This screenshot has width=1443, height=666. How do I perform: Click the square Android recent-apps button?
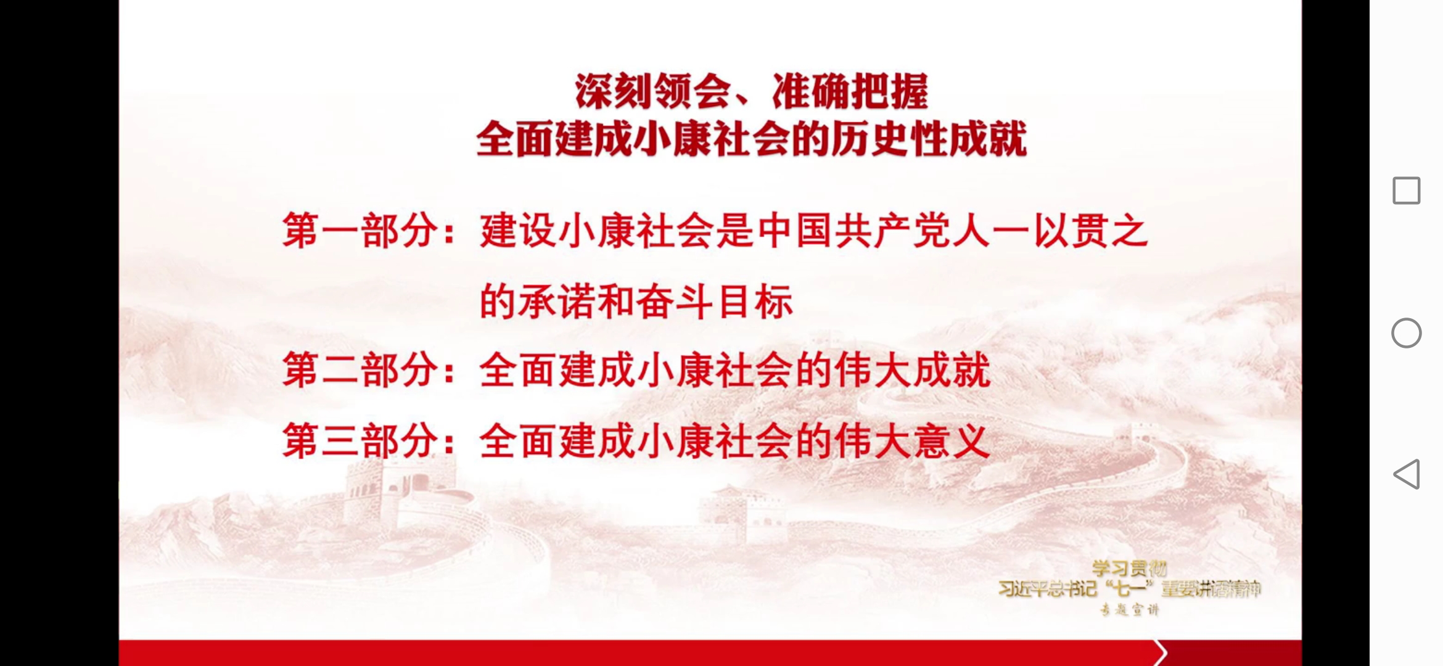tap(1406, 191)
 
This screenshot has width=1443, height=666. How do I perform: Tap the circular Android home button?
tap(1406, 333)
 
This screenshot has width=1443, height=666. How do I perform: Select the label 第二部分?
tap(360, 370)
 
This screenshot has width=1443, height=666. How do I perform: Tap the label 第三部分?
tap(360, 441)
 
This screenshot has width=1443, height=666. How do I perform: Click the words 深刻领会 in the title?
tap(652, 92)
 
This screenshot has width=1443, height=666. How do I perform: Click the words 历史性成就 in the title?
tap(928, 139)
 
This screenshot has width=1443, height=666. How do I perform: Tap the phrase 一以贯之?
tap(1070, 231)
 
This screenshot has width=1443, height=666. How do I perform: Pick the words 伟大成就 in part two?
tap(913, 370)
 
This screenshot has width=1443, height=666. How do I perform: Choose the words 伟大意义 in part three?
tap(913, 441)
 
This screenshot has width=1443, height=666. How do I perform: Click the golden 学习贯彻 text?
tap(1129, 568)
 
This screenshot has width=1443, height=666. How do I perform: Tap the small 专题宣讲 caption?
tap(1129, 610)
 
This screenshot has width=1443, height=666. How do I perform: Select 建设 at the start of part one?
tap(519, 231)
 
